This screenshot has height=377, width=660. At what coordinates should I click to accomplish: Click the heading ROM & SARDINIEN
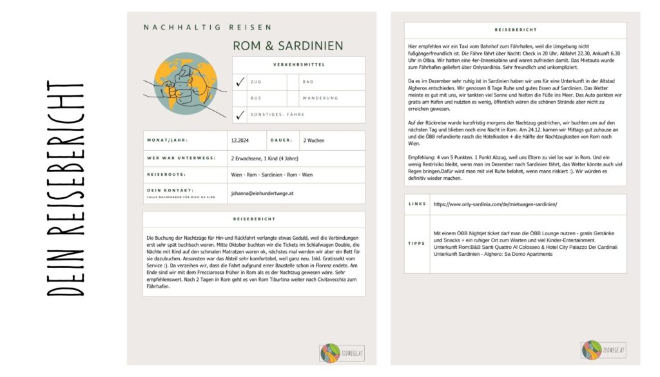[x=288, y=46]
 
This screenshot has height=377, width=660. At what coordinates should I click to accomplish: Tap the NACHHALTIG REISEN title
[x=208, y=27]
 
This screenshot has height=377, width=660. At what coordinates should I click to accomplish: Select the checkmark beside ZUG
[x=240, y=82]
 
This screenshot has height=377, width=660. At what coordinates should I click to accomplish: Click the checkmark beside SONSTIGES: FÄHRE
[x=240, y=115]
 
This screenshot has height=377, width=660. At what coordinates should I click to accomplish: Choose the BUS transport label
[x=256, y=99]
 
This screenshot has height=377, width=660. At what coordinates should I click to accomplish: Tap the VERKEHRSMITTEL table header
[x=298, y=65]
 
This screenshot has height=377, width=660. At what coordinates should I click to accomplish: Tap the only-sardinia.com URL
[x=495, y=204]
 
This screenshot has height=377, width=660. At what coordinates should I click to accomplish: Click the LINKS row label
[x=417, y=204]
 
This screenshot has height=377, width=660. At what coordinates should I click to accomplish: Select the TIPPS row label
[x=417, y=243]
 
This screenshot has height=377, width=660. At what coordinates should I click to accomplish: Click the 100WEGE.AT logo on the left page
[x=342, y=353]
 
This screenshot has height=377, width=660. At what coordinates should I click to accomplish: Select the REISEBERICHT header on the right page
[x=514, y=30]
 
